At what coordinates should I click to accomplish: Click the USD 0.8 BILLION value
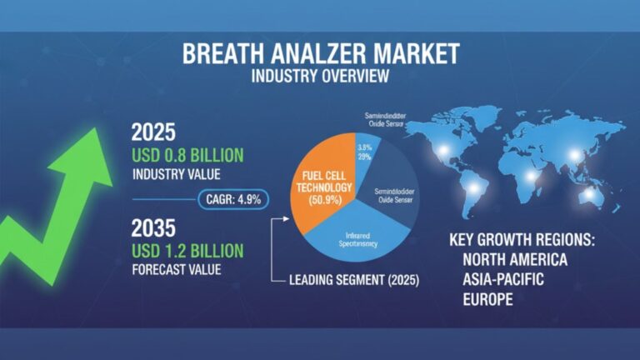[x=187, y=155]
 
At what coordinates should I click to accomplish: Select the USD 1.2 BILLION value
[x=187, y=250]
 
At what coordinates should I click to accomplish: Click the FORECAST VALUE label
[x=177, y=270]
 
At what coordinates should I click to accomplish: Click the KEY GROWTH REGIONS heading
[x=522, y=240]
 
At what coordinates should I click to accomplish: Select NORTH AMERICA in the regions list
[x=516, y=260]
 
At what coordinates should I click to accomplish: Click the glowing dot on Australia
[x=589, y=194]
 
